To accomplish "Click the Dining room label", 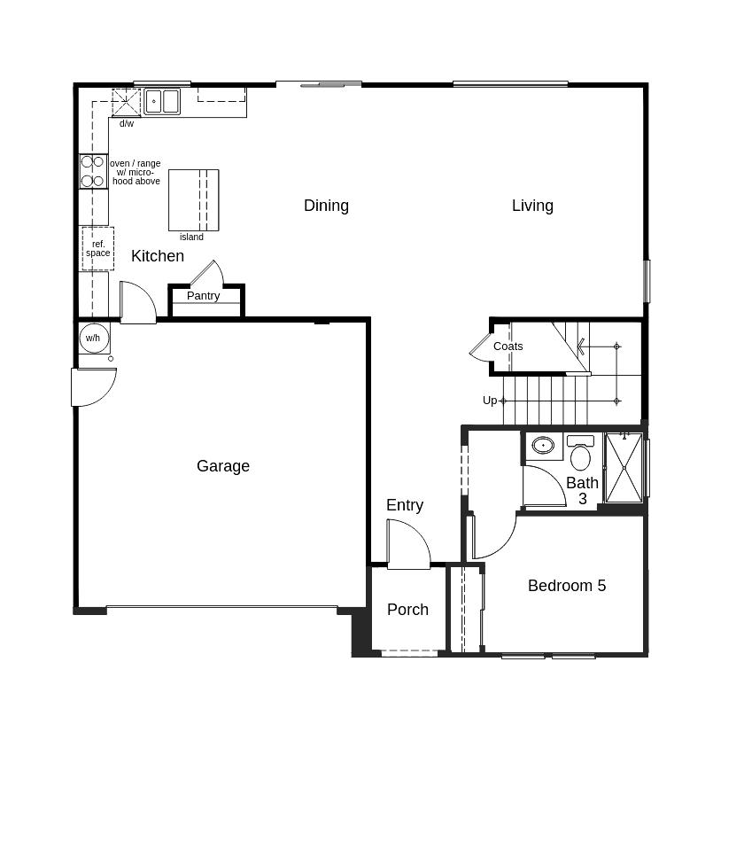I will click(x=326, y=206).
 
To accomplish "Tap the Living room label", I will click(x=532, y=206).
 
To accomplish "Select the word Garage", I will click(x=223, y=466).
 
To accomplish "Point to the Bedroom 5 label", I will click(x=567, y=586).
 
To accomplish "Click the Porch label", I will click(x=407, y=610).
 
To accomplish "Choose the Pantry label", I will click(x=203, y=296).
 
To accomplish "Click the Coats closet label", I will click(x=508, y=347).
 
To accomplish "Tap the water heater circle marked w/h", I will click(x=93, y=339).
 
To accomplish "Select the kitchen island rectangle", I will click(x=193, y=200).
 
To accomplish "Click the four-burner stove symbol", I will click(x=93, y=171).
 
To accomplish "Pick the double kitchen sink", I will click(x=162, y=101).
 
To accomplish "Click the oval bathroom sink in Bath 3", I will click(x=543, y=445).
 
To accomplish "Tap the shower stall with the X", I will click(x=624, y=468).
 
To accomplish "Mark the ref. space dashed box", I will click(x=97, y=248).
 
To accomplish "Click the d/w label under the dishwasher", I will click(x=127, y=124).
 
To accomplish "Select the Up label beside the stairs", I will click(x=490, y=401).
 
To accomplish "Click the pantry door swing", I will click(x=205, y=274).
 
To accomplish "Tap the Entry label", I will click(x=405, y=505).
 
